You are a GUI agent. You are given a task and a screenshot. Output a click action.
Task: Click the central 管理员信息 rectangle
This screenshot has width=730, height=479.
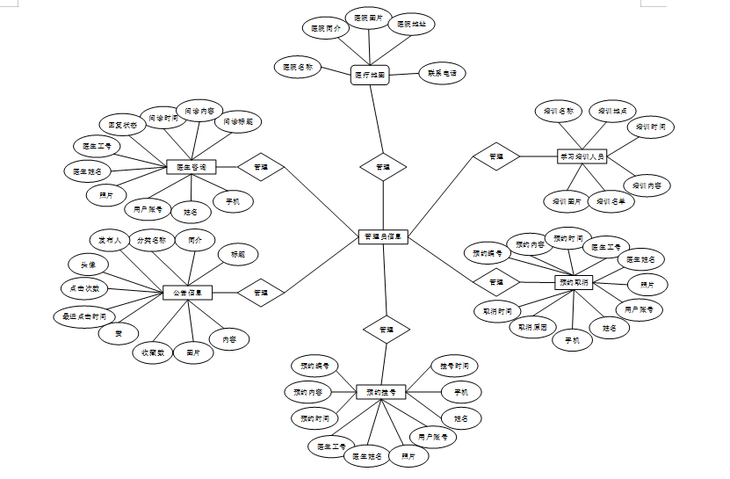tap(383, 236)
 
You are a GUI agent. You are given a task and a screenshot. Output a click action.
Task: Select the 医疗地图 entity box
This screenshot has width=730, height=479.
tap(369, 76)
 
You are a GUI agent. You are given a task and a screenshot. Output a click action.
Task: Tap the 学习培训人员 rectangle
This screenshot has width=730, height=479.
tap(582, 156)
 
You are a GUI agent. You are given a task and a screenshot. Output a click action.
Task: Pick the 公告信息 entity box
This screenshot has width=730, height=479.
tap(188, 293)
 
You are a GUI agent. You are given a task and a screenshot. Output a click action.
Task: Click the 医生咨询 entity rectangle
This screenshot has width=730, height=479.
tap(192, 166)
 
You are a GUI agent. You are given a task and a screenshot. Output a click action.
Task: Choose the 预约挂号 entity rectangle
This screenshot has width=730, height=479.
tap(380, 391)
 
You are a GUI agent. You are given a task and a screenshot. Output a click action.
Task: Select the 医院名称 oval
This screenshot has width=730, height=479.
tap(298, 66)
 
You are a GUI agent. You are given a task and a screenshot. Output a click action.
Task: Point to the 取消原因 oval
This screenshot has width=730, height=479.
tap(532, 327)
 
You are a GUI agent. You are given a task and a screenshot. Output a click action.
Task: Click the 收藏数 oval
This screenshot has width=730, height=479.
tap(154, 352)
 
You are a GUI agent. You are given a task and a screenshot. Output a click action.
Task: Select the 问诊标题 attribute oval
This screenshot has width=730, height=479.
tap(237, 120)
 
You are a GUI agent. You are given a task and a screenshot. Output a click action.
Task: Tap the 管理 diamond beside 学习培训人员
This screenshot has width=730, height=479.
tap(495, 156)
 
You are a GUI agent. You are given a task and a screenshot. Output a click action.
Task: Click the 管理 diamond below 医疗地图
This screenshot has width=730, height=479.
tap(383, 166)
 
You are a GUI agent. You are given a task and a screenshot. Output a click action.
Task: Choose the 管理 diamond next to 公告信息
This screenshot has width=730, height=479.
tap(261, 292)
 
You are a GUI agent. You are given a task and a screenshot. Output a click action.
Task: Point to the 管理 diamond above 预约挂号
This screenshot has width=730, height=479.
tap(386, 329)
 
